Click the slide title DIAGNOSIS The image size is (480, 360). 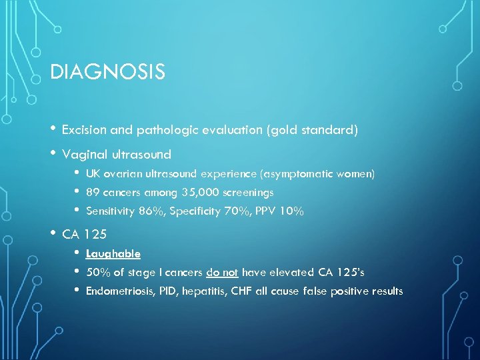click(x=107, y=72)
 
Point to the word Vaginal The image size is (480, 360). click(x=83, y=155)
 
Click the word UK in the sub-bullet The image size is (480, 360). click(x=93, y=174)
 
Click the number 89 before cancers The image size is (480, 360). click(x=93, y=193)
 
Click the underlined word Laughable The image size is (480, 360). click(x=113, y=254)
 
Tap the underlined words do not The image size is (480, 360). click(x=223, y=273)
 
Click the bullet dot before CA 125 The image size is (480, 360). click(x=53, y=233)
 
